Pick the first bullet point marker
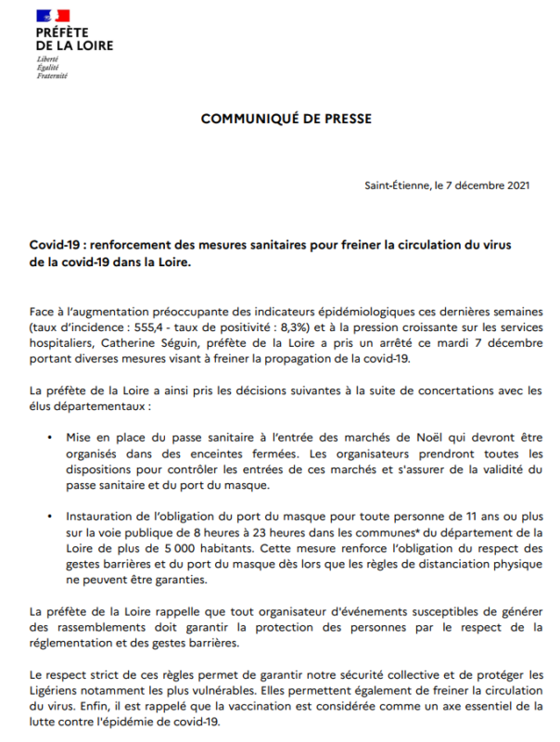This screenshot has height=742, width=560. point(49,436)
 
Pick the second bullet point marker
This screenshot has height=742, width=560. point(49,518)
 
